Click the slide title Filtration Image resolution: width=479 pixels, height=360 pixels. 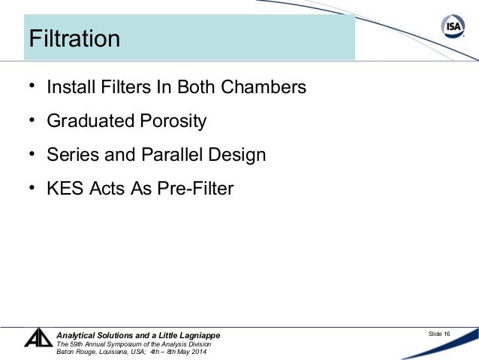[74, 38]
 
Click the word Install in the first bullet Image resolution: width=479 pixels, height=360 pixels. [70, 87]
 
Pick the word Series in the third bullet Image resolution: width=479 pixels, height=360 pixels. [70, 155]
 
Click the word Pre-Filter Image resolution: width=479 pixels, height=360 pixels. [195, 189]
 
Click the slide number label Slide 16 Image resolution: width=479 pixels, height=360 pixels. [437, 334]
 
